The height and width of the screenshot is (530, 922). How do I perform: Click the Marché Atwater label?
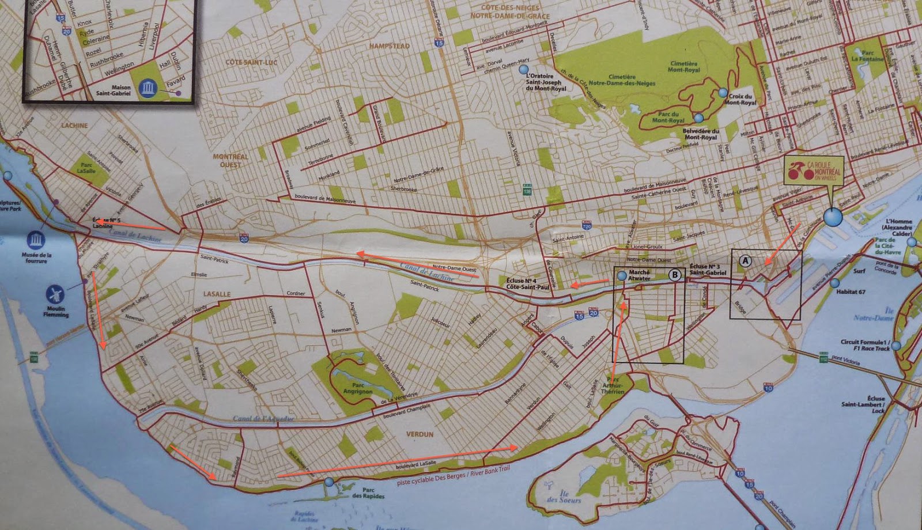(x=639, y=275)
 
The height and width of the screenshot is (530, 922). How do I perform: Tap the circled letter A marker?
(x=746, y=261)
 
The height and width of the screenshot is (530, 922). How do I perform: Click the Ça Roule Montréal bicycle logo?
(x=812, y=171)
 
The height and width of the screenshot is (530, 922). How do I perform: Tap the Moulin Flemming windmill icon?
(x=55, y=294)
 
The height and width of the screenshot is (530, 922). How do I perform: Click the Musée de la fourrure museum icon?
(x=36, y=239)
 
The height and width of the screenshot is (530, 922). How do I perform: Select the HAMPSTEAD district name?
(x=390, y=46)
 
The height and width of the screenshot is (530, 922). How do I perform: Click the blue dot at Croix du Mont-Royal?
(x=723, y=92)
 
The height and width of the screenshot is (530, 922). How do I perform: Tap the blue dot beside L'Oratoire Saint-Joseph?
(x=523, y=69)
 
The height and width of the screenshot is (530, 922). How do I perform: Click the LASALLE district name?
(x=217, y=294)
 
